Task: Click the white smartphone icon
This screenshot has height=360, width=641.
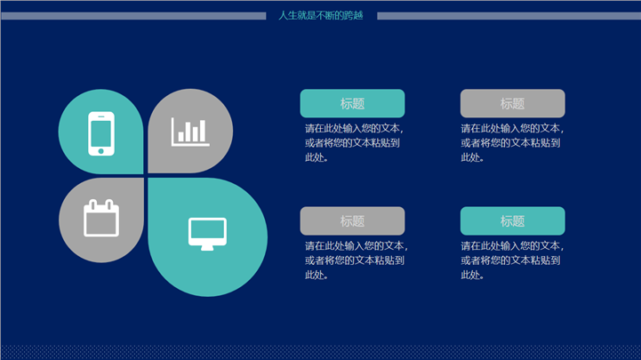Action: coord(101,133)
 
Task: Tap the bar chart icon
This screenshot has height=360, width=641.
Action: coord(190,132)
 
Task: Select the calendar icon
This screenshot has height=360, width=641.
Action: coord(101,218)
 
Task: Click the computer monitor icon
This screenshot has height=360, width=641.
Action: coord(207,234)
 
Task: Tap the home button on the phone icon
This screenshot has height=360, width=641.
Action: coord(101,151)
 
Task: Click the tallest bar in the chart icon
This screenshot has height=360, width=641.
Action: coord(203,131)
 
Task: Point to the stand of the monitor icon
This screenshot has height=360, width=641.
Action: coord(207,248)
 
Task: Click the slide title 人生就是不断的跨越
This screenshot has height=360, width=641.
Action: coord(321,15)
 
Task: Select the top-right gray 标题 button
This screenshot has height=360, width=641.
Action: coord(513,103)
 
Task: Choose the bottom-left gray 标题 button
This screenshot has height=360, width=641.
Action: coord(352,221)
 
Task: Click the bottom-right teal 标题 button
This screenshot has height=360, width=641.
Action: coord(513,221)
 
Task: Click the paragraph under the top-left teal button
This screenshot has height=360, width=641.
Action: coord(354,143)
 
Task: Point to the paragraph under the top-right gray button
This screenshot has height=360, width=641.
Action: coord(512,143)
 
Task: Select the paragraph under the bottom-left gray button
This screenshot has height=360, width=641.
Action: coord(357,260)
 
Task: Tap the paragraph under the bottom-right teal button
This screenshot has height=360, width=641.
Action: coord(512,260)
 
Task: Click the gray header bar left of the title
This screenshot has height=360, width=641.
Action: coord(133,16)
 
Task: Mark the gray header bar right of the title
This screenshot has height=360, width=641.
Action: coord(509,16)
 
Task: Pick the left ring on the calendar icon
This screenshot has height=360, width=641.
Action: coord(92,204)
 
